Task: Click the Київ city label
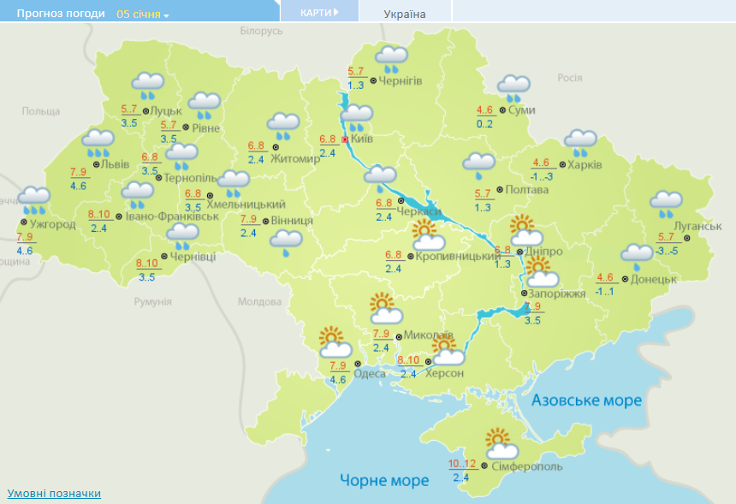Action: click(x=362, y=139)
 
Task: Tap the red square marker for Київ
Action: click(x=345, y=139)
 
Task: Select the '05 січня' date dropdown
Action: click(x=143, y=15)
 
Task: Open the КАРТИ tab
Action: click(x=319, y=12)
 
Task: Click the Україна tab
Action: click(x=405, y=14)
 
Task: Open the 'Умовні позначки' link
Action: click(x=54, y=494)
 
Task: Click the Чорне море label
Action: click(x=384, y=480)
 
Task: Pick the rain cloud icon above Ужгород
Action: click(x=34, y=199)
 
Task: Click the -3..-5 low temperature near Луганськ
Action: click(x=667, y=251)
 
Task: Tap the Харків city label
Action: click(x=585, y=165)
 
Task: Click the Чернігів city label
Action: click(x=400, y=80)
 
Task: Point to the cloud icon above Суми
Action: click(x=514, y=86)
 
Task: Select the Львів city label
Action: click(x=115, y=163)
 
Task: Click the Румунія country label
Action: click(x=153, y=302)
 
